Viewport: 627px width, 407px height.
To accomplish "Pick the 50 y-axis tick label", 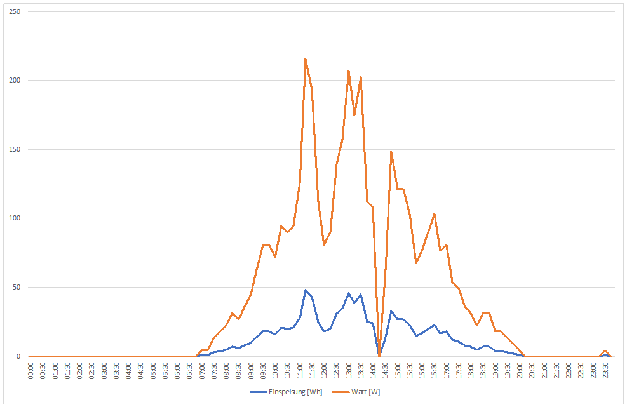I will click(x=18, y=287).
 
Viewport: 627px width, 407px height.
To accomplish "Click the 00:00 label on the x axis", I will click(x=31, y=370).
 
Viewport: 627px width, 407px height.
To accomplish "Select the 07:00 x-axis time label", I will click(x=202, y=370).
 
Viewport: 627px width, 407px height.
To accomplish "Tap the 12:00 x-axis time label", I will click(x=324, y=370).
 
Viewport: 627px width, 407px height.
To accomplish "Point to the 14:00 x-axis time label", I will click(x=373, y=370).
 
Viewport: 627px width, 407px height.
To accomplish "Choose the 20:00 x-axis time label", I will click(x=520, y=370).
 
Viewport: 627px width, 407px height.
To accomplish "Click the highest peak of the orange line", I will click(x=306, y=59).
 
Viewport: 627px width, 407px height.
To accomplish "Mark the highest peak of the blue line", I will click(x=306, y=290).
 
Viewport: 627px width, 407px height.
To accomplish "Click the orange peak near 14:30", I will click(x=391, y=151).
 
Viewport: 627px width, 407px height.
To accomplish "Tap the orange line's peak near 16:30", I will click(x=434, y=214).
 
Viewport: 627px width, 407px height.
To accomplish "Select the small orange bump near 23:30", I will click(x=605, y=350).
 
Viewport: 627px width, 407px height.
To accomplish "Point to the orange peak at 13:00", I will click(x=349, y=71).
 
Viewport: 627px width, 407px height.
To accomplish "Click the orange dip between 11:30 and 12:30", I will click(x=324, y=244).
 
